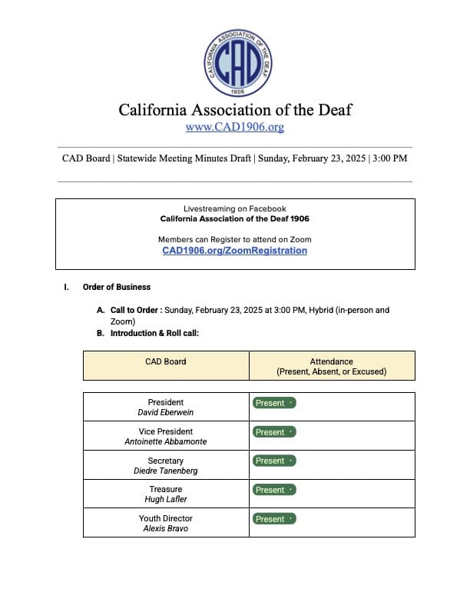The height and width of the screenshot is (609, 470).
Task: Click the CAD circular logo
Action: (235, 60)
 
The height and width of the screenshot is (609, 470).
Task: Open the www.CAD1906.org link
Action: (235, 127)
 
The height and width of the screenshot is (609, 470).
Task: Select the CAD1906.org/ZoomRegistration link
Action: (235, 251)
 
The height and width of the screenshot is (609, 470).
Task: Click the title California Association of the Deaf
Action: (235, 109)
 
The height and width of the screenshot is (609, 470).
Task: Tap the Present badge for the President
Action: (274, 403)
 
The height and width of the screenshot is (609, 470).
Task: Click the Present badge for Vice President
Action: (274, 432)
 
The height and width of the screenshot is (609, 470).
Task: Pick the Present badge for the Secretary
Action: (274, 461)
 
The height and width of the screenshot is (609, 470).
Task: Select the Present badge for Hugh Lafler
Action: (274, 490)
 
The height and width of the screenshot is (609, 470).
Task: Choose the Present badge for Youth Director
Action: (274, 519)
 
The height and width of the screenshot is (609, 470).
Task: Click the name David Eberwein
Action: (166, 413)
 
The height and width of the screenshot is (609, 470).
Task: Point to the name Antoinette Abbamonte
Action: (166, 442)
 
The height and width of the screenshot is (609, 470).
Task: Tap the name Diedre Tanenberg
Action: (166, 471)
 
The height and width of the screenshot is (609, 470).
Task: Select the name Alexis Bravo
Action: (166, 529)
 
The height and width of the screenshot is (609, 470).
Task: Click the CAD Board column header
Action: (166, 361)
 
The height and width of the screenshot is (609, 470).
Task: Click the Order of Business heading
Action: (117, 288)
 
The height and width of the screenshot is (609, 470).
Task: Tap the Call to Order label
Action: (135, 311)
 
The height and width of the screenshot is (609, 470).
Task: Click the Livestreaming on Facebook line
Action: (235, 209)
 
